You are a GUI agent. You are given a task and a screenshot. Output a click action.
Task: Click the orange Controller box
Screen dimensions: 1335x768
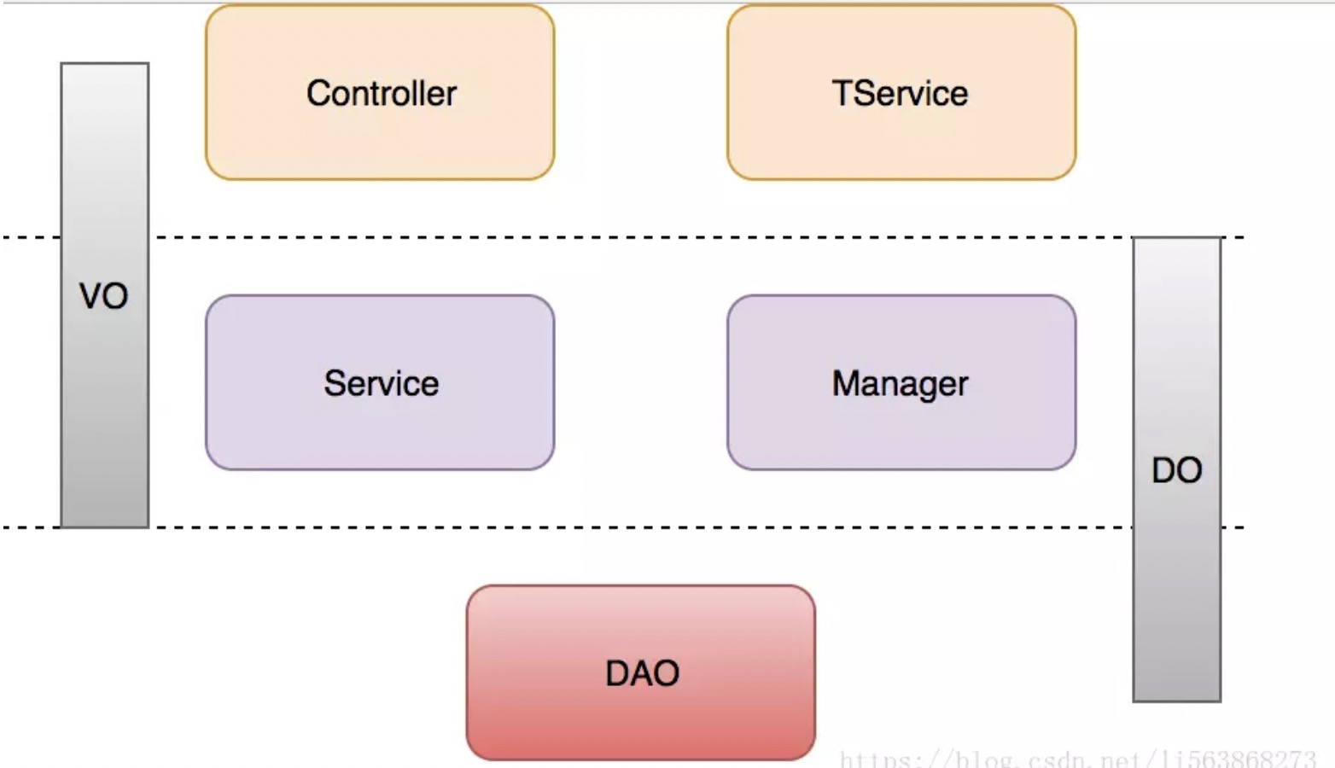coord(380,92)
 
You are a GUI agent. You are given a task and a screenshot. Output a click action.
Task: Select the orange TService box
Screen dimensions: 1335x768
coord(901,92)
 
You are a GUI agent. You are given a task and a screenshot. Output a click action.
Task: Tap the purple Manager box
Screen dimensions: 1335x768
coord(901,382)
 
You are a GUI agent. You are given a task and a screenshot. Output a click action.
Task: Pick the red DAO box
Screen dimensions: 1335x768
coord(641,672)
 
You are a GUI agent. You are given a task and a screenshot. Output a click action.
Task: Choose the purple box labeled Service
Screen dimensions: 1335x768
coord(380,382)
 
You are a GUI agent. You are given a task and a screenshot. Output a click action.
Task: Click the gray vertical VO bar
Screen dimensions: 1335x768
coord(105,295)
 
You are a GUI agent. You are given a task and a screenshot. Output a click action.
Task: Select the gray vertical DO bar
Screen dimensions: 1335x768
coord(1177,469)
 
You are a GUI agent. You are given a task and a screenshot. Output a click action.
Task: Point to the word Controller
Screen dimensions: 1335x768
coord(382,94)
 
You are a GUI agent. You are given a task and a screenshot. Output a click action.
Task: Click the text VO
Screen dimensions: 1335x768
coord(103,296)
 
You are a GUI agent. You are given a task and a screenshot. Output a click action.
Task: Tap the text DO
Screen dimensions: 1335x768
coord(1177,471)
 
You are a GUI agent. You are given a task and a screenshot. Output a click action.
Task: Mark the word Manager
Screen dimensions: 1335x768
coord(900,384)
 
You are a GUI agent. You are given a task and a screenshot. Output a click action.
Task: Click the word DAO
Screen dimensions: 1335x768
coord(643,674)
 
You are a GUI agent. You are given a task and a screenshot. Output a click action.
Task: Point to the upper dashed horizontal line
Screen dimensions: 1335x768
coord(623,237)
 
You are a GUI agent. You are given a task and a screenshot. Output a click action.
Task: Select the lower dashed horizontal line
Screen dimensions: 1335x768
coord(623,527)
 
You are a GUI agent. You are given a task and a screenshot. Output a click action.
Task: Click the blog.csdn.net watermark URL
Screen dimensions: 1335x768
coord(1077,759)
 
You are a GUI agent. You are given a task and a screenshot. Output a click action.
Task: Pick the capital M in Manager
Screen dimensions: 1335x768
coord(846,383)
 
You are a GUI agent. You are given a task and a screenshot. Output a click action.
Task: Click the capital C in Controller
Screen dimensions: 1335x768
coord(319,94)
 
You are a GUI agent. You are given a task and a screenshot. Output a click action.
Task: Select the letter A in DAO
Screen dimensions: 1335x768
coord(643,674)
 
